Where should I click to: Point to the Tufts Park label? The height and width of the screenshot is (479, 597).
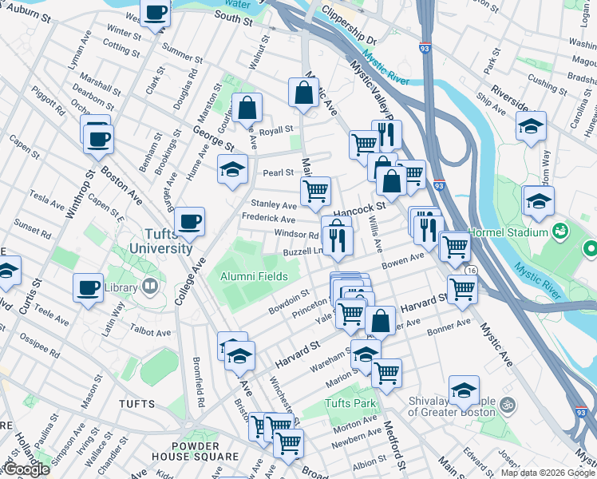(351, 403)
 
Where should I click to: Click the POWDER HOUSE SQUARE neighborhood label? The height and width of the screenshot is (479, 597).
(194, 451)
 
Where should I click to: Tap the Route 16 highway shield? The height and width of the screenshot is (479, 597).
(472, 271)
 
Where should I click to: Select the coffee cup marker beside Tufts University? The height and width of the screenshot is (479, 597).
(189, 221)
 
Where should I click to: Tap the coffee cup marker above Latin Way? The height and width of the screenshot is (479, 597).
(88, 287)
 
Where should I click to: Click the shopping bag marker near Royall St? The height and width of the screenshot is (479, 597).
(247, 107)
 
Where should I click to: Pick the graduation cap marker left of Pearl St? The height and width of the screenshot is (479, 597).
(232, 168)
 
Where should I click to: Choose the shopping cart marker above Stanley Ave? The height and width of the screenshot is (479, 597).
(315, 191)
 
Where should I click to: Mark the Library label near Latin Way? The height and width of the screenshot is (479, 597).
(121, 287)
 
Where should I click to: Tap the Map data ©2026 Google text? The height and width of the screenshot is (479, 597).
(548, 473)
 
